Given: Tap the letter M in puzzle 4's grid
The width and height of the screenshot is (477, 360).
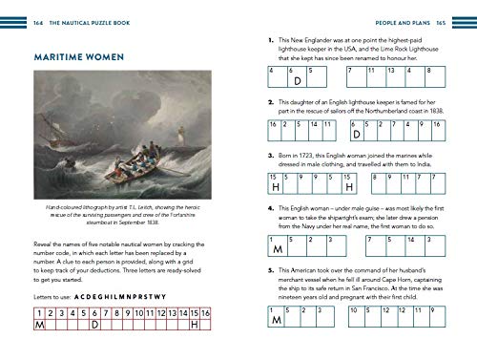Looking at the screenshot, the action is click(277, 250).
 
